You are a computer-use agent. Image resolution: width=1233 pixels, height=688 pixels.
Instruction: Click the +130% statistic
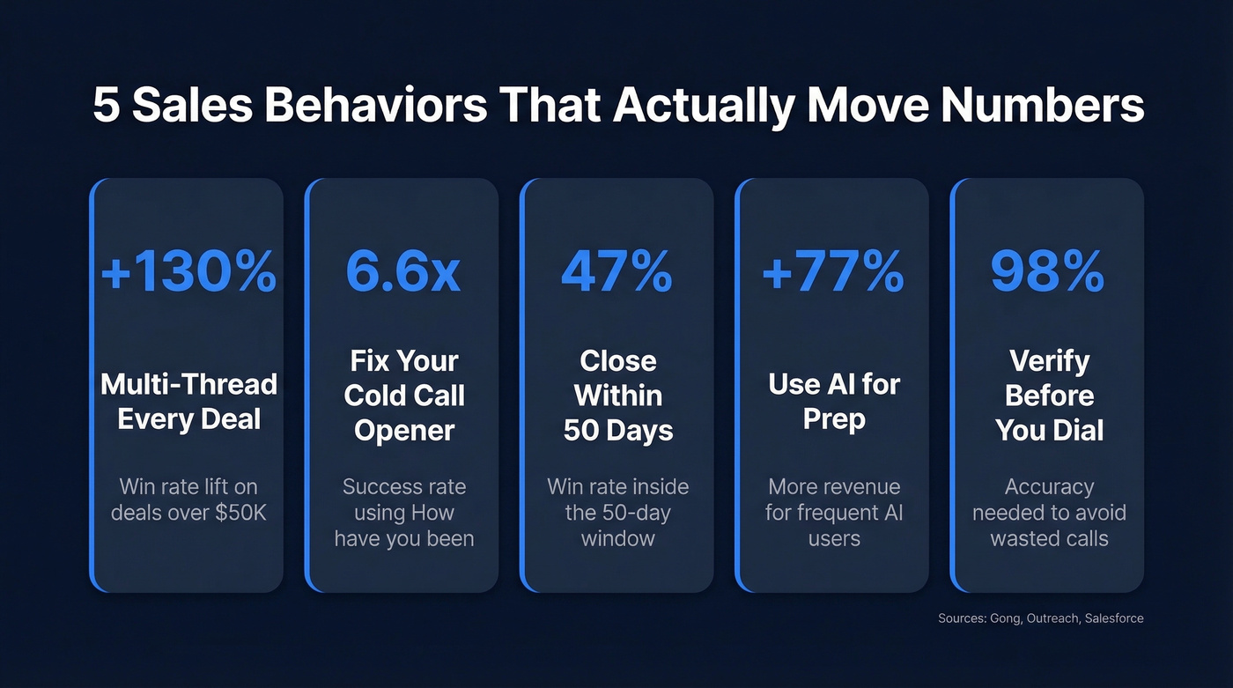point(188,272)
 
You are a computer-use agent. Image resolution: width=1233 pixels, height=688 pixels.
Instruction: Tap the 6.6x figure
point(402,272)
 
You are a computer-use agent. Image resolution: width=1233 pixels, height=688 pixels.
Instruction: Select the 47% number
point(616,272)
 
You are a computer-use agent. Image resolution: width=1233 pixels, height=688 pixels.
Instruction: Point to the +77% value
point(832,272)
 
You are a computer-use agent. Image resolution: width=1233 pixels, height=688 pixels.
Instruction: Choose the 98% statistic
point(1047,272)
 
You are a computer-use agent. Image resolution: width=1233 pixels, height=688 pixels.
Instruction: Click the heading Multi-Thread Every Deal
point(188,401)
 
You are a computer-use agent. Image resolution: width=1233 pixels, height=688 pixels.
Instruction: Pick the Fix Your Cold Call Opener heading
point(404,396)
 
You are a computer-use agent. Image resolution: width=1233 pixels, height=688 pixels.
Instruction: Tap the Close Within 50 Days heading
point(618,396)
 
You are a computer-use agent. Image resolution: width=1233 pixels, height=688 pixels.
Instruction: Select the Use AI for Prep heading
point(832,401)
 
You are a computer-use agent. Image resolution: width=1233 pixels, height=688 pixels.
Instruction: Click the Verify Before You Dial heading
point(1049,396)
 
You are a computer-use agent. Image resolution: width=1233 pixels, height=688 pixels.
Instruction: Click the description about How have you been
point(404,512)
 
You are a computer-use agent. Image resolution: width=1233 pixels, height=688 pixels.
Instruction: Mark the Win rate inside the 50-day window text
point(618,512)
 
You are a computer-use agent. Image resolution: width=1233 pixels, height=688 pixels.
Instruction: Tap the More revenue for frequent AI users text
point(834,512)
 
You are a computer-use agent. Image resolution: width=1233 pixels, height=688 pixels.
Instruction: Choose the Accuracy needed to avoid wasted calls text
point(1049,512)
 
